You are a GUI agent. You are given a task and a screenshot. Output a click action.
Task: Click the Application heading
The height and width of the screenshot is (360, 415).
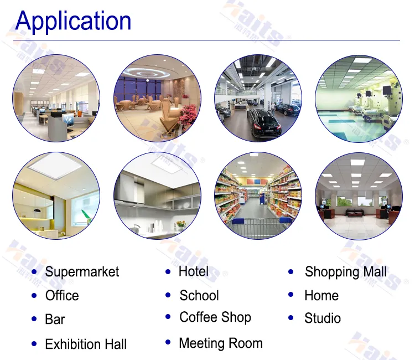[73, 21]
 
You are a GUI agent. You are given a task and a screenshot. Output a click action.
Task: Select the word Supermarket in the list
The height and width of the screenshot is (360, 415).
[82, 272]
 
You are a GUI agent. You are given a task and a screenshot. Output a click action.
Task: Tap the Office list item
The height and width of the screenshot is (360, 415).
[62, 296]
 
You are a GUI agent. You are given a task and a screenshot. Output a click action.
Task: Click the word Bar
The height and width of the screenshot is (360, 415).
[55, 320]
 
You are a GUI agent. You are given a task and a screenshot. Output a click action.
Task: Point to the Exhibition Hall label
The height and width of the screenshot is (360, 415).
[86, 344]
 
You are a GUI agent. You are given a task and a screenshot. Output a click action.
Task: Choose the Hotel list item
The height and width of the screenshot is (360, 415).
[194, 271]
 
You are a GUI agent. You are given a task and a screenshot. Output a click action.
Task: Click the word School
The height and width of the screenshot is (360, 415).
[199, 296]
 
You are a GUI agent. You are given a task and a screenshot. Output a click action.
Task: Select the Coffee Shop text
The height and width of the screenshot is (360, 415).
[215, 317]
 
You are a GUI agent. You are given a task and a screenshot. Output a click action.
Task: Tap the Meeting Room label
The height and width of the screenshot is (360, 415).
[221, 343]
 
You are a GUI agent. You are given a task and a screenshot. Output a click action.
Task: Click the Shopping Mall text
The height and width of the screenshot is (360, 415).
[346, 272]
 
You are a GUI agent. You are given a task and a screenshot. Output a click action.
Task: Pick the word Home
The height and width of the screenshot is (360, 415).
[321, 296]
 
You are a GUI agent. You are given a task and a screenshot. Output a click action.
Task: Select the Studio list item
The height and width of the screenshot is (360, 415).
[323, 318]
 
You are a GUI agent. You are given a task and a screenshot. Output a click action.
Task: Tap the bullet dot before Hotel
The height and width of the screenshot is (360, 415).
[168, 272]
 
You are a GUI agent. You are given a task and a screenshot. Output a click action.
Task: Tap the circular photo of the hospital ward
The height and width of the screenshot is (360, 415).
[359, 98]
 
